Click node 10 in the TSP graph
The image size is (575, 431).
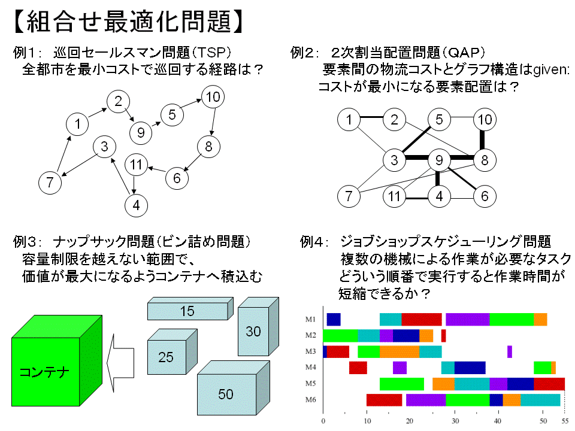[x=212, y=96]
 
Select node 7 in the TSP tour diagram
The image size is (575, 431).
[x=50, y=182]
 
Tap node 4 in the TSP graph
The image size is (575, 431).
[x=137, y=205]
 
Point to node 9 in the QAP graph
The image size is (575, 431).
[x=439, y=160]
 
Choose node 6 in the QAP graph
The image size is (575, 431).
[x=485, y=196]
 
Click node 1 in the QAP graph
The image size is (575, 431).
[x=349, y=120]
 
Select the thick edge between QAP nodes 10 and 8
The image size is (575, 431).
[x=484, y=139]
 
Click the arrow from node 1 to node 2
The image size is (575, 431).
[x=97, y=114]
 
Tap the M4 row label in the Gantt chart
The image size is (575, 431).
[x=310, y=367]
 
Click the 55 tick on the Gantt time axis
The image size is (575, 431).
[x=564, y=421]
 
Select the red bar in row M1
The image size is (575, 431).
[x=421, y=319]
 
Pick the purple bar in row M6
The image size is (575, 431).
[x=425, y=399]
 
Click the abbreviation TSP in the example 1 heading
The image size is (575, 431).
[x=213, y=52]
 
